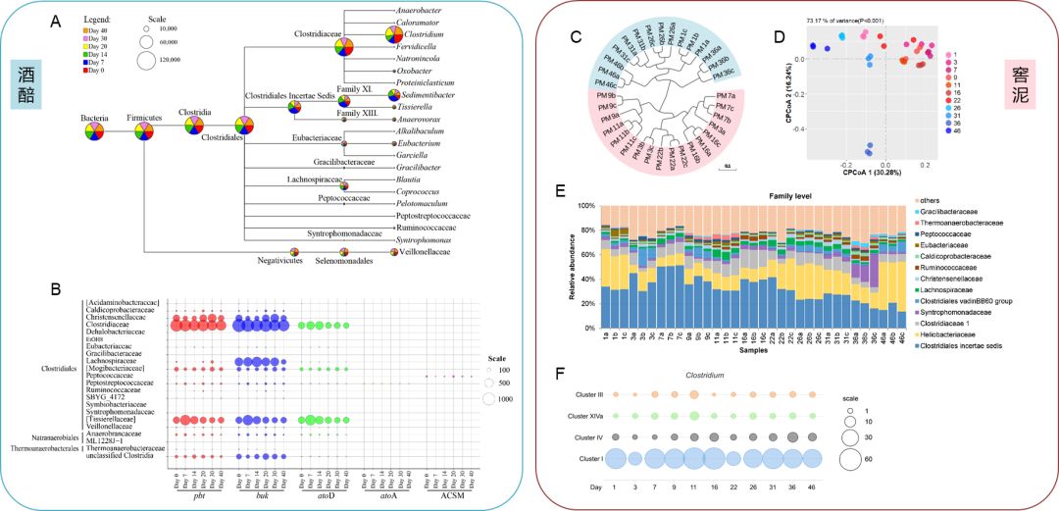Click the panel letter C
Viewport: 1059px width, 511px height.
tap(576, 36)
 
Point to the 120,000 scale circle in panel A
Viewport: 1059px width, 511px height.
tap(148, 61)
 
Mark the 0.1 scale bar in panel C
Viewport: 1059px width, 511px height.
tap(729, 167)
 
